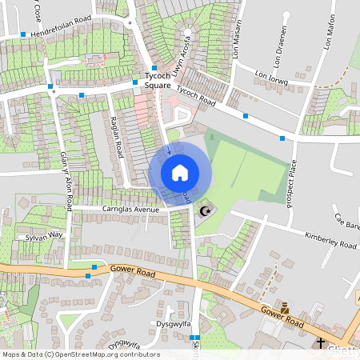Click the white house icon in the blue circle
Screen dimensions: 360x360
[x=180, y=173]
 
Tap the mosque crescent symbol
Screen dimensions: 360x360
[x=206, y=211]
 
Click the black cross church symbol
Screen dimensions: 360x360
[x=321, y=342]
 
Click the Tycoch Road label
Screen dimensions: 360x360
[x=196, y=96]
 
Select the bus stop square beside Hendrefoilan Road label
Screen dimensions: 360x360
[x=23, y=34]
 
